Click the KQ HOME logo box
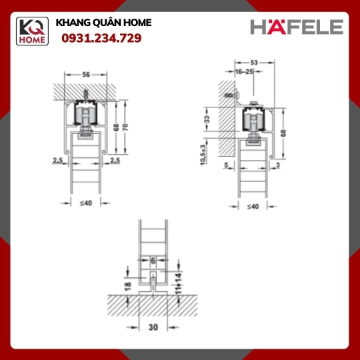tap(32, 31)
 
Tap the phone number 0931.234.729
tap(101, 38)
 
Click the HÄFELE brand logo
tap(297, 26)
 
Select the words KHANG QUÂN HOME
tap(103, 23)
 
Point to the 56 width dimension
tap(86, 75)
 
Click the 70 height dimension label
tap(125, 127)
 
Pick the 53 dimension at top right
tap(254, 63)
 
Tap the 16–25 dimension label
tap(244, 71)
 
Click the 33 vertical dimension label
tap(207, 119)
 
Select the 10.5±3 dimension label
tap(203, 155)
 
